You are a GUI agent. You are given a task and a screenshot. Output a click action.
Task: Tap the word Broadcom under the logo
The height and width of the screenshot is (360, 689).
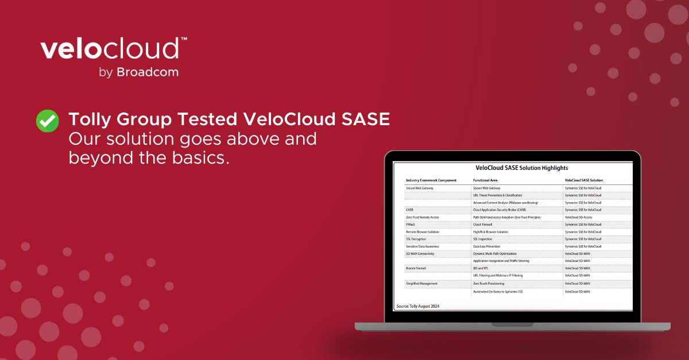pyautogui.click(x=148, y=72)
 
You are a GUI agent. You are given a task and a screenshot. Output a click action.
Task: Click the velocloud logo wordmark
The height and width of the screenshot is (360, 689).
pyautogui.click(x=110, y=49)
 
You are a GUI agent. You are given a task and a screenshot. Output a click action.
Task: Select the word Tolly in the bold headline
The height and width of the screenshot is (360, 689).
pyautogui.click(x=88, y=119)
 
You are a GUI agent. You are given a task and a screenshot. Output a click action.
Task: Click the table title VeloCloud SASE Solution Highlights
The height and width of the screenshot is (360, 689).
pyautogui.click(x=513, y=168)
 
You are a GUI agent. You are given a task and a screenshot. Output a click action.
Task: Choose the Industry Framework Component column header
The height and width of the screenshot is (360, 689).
pyautogui.click(x=431, y=180)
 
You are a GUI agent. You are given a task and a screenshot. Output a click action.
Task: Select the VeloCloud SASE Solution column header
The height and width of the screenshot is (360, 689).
pyautogui.click(x=584, y=180)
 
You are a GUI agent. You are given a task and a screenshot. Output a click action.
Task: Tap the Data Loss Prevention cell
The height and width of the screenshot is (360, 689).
pyautogui.click(x=486, y=246)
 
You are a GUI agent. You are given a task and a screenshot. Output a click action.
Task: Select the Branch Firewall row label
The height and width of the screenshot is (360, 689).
pyautogui.click(x=417, y=268)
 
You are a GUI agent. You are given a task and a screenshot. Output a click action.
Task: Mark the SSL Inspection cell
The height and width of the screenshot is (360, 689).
pyautogui.click(x=482, y=239)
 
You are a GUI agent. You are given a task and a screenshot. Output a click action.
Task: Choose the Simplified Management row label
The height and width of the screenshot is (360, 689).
pyautogui.click(x=421, y=284)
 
